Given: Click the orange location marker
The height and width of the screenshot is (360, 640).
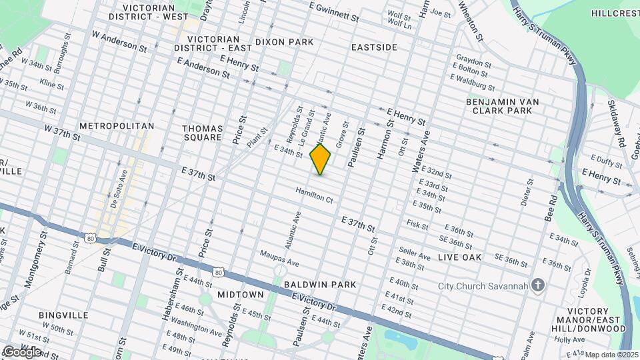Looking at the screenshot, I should [321, 160].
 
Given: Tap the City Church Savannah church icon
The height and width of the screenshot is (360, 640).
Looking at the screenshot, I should [539, 286].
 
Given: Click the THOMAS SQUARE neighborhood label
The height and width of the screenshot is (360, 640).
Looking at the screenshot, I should [203, 131].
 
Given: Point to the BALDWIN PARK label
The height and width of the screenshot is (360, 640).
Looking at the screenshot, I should [319, 285].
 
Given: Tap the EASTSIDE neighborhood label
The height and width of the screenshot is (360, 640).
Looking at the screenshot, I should [374, 47].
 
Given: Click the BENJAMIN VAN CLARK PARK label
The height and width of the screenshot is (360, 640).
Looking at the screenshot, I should [502, 106].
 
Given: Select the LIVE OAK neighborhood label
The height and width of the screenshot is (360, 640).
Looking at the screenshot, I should [459, 257].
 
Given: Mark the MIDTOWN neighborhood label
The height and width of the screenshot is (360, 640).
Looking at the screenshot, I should [240, 295].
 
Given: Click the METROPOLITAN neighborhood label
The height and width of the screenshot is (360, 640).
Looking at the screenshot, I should [117, 126].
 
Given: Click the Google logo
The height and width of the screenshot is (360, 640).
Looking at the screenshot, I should [22, 351].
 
